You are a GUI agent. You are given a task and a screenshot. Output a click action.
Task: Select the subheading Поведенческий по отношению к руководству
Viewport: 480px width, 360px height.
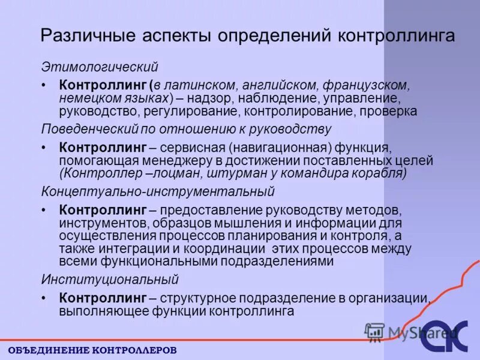[186, 129]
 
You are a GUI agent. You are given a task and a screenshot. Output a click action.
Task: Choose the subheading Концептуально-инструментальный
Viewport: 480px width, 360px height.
[157, 192]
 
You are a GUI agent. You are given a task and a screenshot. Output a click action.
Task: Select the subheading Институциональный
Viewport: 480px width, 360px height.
[110, 280]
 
